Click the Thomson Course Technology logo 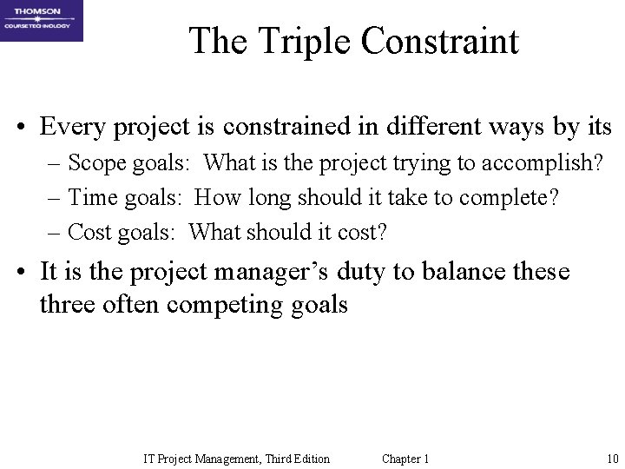tap(42, 21)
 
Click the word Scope tap(92, 163)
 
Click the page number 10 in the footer tap(612, 459)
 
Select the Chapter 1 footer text tap(405, 459)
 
